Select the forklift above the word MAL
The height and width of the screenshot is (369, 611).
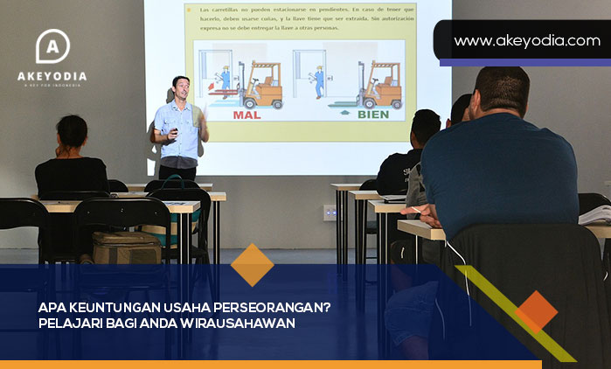(x=260, y=85)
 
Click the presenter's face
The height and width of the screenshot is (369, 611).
(x=181, y=88)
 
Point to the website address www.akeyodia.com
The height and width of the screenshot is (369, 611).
(x=526, y=41)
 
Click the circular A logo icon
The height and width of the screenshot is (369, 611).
(x=52, y=47)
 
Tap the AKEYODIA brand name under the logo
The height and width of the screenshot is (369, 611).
(x=52, y=76)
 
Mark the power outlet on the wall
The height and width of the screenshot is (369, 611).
(x=330, y=212)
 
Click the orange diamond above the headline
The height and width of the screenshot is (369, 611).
(x=252, y=265)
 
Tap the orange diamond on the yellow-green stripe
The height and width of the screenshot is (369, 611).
(x=536, y=312)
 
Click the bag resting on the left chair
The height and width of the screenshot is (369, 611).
(x=126, y=247)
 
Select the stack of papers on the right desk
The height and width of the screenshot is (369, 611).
(x=595, y=214)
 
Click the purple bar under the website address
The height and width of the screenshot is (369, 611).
(x=524, y=63)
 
